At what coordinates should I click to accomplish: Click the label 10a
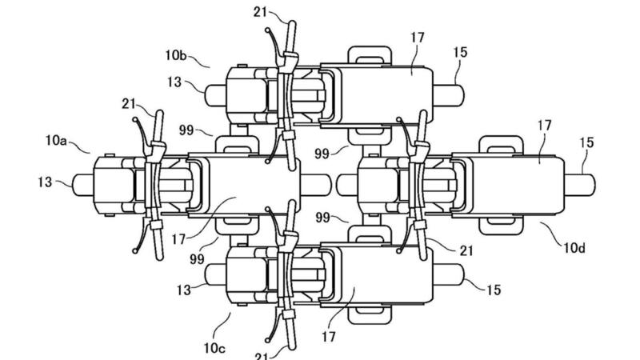click(x=56, y=141)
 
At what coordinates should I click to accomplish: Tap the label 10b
click(x=176, y=55)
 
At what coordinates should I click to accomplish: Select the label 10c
click(x=214, y=348)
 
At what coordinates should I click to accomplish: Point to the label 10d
click(x=574, y=248)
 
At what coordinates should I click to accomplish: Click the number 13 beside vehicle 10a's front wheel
click(x=45, y=182)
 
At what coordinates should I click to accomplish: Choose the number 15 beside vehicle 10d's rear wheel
click(x=586, y=142)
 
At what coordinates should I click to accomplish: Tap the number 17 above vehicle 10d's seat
click(x=544, y=125)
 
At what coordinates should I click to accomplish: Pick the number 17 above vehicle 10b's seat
click(x=417, y=38)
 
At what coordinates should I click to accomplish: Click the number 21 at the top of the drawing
click(x=261, y=12)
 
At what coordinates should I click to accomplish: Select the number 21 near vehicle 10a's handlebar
click(x=129, y=104)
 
